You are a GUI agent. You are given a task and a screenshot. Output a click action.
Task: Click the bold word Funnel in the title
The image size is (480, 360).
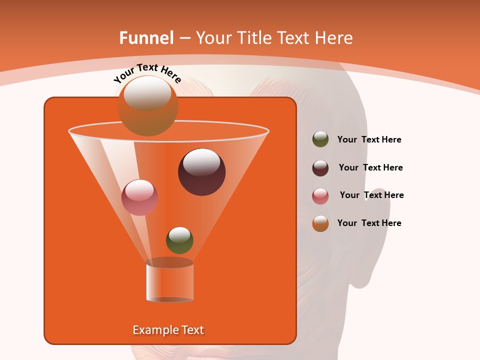click(x=146, y=38)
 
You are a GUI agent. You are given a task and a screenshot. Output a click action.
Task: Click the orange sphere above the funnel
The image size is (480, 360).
click(x=147, y=106)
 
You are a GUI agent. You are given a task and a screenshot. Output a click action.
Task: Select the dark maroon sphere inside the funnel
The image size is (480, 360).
click(x=201, y=171)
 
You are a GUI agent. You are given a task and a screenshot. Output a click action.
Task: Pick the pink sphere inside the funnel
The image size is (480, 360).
click(x=139, y=197)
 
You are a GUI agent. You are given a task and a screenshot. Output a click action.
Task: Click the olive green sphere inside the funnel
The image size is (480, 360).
click(x=179, y=240)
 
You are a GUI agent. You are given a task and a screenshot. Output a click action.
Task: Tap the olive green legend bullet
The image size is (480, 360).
click(x=320, y=139)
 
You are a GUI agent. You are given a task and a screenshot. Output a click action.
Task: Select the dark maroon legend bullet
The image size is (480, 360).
click(x=320, y=168)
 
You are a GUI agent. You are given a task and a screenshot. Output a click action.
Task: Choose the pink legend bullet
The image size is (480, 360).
click(x=320, y=196)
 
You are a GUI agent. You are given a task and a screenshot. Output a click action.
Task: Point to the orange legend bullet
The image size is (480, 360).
click(x=320, y=223)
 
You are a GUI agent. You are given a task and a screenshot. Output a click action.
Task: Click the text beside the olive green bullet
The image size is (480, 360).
click(x=369, y=140)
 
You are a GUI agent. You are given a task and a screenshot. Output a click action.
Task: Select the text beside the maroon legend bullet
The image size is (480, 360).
click(x=370, y=168)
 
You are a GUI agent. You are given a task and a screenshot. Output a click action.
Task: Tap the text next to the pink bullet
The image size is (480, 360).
click(x=371, y=195)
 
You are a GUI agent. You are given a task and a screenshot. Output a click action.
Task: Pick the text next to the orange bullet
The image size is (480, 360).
click(x=369, y=223)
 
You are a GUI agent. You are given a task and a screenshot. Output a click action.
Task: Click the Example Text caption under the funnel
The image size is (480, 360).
click(x=168, y=330)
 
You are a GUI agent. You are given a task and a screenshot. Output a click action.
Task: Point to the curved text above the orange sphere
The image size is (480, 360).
click(x=147, y=73)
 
